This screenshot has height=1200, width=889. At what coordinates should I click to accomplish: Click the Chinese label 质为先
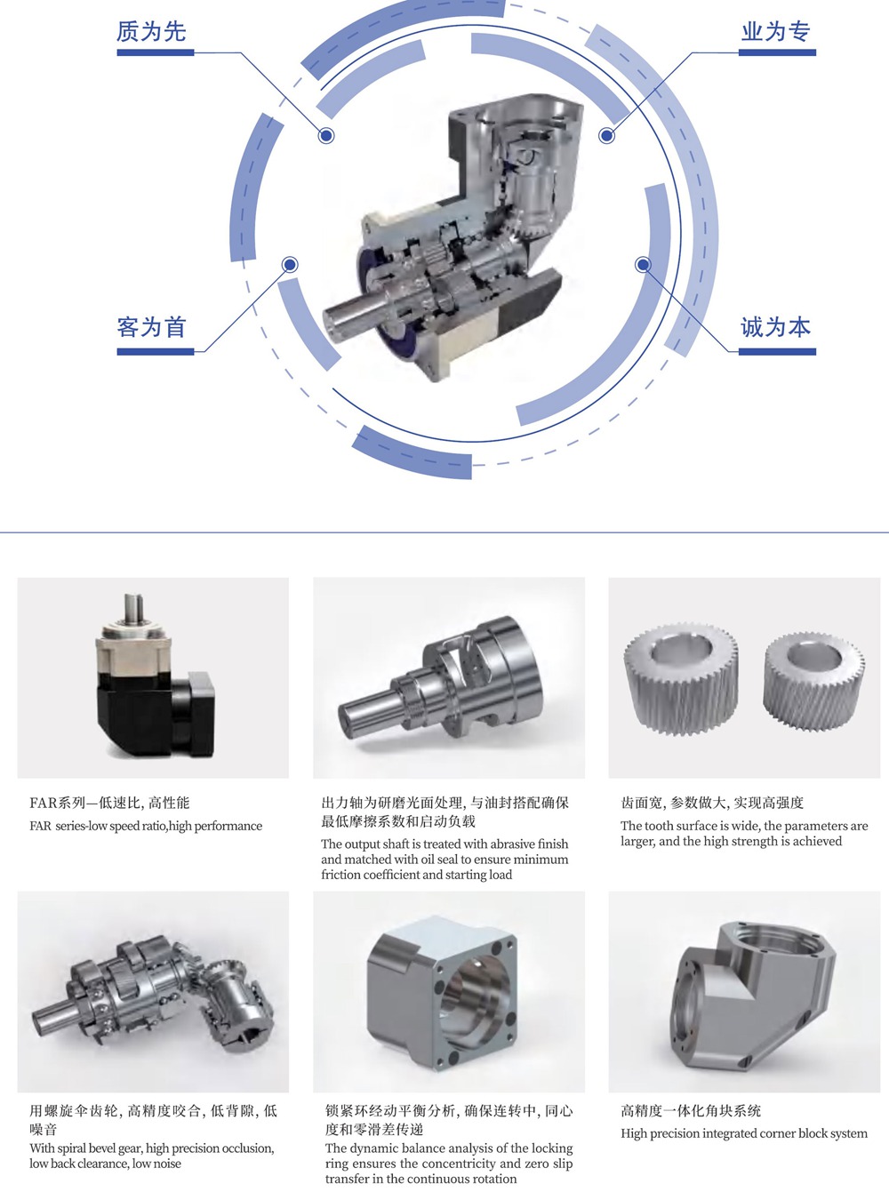tap(151, 32)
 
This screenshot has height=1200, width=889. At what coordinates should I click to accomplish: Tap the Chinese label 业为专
tap(776, 32)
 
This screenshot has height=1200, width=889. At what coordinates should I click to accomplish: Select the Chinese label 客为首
tap(151, 327)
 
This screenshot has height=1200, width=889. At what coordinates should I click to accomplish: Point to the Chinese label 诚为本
tap(776, 327)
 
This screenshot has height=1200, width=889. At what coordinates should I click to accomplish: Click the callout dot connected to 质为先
tap(326, 135)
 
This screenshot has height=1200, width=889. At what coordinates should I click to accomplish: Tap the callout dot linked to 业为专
tap(606, 135)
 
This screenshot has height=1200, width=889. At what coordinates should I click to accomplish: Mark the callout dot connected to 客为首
tap(290, 265)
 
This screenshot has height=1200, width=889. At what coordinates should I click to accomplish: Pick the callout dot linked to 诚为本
tap(643, 265)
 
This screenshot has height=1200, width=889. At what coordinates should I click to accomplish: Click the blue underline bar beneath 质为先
tap(156, 52)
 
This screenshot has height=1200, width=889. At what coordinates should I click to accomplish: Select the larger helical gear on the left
tap(681, 678)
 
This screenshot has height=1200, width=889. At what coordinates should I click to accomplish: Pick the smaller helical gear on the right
tap(813, 682)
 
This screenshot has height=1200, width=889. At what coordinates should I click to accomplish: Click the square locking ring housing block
tap(442, 993)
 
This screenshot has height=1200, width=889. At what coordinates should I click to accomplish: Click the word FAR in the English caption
tap(40, 826)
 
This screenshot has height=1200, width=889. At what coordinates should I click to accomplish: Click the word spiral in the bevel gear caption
tap(72, 1148)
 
